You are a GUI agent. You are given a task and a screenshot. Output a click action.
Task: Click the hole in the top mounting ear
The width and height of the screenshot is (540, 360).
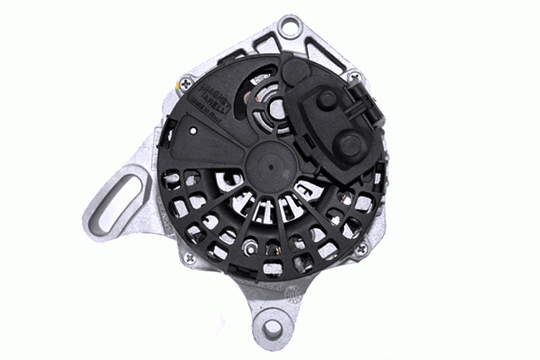click(290, 27)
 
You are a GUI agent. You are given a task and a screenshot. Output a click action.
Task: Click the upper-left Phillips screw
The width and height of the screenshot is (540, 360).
click(186, 82)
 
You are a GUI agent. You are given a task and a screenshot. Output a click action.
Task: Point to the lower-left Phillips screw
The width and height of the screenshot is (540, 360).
click(189, 258)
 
